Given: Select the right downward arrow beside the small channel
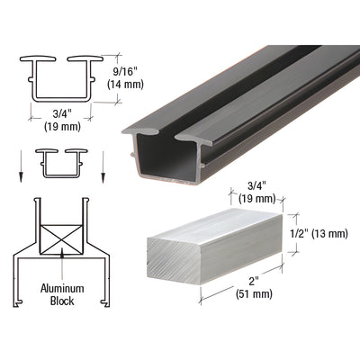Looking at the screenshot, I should (103, 166).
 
